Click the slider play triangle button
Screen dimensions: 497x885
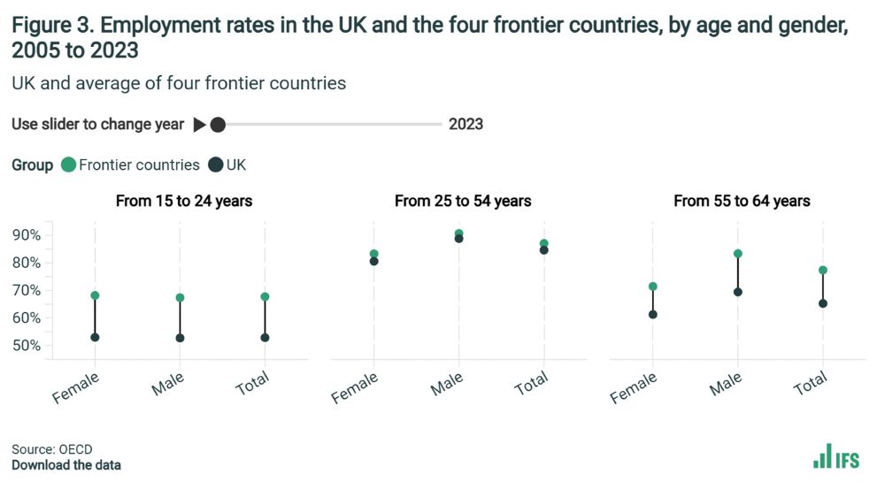pyautogui.click(x=199, y=125)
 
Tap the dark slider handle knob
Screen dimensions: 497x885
pyautogui.click(x=218, y=125)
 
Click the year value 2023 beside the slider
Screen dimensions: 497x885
pyautogui.click(x=466, y=125)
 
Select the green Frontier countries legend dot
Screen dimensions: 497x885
pyautogui.click(x=68, y=164)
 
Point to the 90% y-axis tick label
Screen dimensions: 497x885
pyautogui.click(x=27, y=235)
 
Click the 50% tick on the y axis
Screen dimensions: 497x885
pyautogui.click(x=27, y=345)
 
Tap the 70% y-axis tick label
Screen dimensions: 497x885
pyautogui.click(x=27, y=290)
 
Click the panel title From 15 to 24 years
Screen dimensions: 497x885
pyautogui.click(x=184, y=201)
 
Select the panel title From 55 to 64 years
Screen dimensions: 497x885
pyautogui.click(x=742, y=201)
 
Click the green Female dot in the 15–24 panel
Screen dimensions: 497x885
pyautogui.click(x=95, y=295)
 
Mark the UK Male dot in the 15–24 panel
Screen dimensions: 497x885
pyautogui.click(x=180, y=338)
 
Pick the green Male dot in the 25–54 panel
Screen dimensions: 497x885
pyautogui.click(x=458, y=233)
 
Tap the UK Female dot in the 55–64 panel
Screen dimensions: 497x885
pyautogui.click(x=652, y=314)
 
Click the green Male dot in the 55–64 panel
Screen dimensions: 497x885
pyautogui.click(x=737, y=254)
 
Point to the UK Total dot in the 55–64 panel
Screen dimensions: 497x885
pyautogui.click(x=822, y=303)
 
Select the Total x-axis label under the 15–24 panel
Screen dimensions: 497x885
pyautogui.click(x=253, y=384)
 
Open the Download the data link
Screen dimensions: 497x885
pyautogui.click(x=66, y=465)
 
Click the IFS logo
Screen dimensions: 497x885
pyautogui.click(x=835, y=456)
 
